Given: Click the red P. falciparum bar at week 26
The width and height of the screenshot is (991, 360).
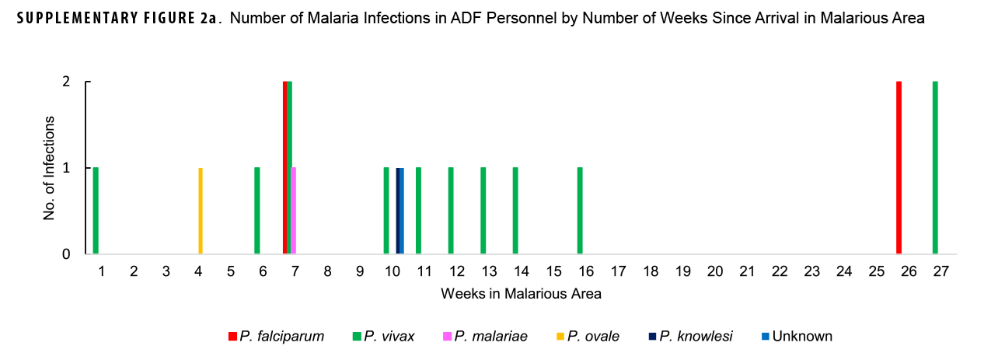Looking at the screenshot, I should point(899,167).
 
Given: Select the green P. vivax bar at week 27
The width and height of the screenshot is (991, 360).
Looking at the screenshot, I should point(935,167).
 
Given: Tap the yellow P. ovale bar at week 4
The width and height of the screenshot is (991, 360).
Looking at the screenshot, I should point(201,211).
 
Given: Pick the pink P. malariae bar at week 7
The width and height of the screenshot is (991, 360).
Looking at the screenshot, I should point(293,211).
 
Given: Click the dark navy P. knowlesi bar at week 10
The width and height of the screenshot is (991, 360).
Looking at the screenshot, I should point(398,211).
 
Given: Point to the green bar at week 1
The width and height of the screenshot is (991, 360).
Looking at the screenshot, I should point(96,211).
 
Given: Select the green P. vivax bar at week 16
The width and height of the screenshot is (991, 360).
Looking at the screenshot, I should point(580,211).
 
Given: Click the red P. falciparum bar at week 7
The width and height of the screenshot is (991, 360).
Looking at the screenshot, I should point(285,167).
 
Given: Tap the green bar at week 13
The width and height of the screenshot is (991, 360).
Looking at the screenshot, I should point(483,211).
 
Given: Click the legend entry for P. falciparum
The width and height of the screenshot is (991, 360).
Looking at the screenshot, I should point(276,337).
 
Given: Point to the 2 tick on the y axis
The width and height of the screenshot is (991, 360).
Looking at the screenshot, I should point(66,82).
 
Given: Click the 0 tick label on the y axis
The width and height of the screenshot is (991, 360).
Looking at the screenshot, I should point(66,254).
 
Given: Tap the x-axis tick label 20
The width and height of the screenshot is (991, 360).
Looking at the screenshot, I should point(715,271).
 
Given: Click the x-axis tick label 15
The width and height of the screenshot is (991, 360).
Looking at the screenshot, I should point(553,271).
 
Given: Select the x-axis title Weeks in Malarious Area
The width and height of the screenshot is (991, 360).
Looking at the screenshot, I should point(521,294).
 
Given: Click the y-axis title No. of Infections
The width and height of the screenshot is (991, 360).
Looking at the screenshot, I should point(49,167).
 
